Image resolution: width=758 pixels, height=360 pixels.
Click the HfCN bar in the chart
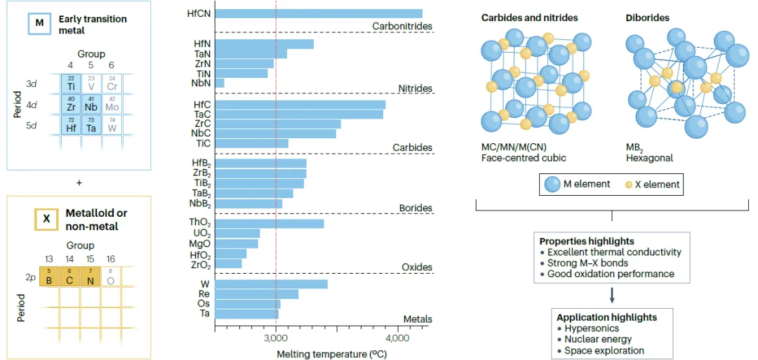click(319, 13)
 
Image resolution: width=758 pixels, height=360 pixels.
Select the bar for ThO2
click(270, 223)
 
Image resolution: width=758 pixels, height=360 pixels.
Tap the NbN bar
click(220, 83)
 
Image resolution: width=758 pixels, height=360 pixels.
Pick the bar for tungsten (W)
click(271, 284)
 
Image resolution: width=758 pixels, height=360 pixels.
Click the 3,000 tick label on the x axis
click(276, 338)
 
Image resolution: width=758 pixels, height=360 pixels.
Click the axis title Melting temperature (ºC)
click(332, 354)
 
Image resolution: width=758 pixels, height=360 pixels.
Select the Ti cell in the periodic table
click(71, 84)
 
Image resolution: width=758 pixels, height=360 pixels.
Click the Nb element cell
click(91, 104)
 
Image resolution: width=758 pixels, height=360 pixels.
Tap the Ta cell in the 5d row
click(91, 125)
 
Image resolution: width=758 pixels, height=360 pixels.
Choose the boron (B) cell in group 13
click(49, 276)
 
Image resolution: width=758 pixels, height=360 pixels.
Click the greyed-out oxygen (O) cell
click(110, 276)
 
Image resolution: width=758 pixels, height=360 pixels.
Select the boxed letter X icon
click(46, 219)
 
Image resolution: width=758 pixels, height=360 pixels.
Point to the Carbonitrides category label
click(401, 26)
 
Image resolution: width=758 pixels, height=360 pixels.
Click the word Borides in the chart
click(415, 208)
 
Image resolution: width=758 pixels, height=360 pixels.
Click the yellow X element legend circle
click(630, 184)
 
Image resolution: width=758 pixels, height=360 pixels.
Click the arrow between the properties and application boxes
click(612, 295)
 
